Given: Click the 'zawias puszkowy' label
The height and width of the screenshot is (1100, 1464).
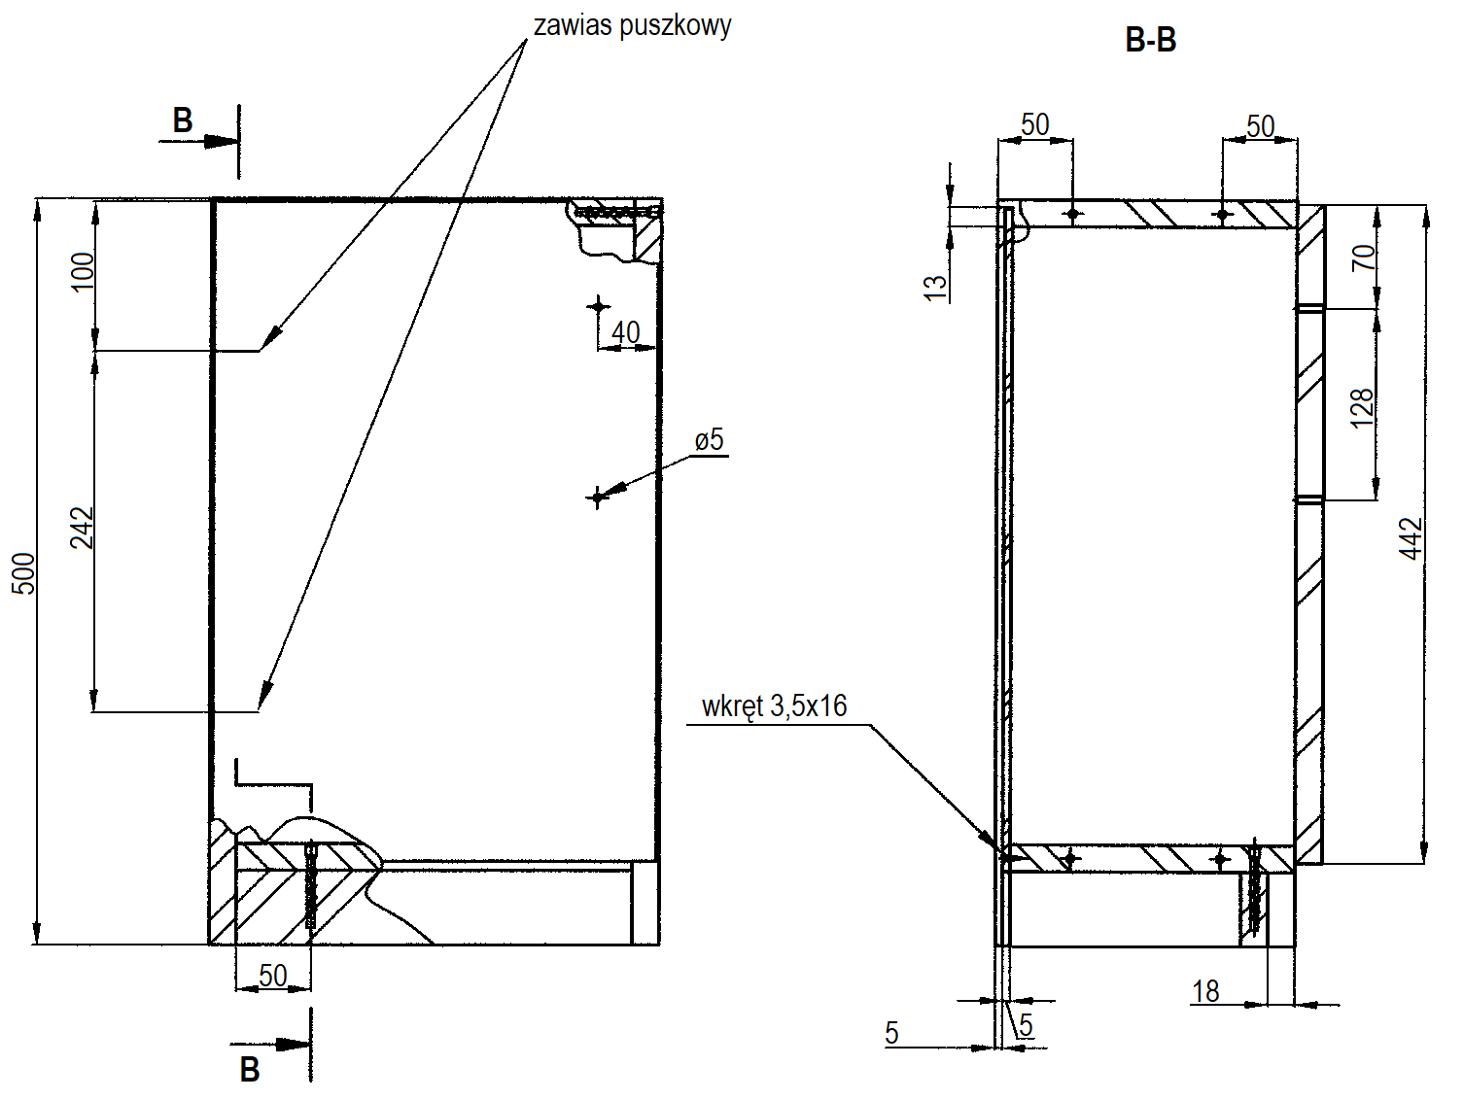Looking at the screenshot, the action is point(632,26).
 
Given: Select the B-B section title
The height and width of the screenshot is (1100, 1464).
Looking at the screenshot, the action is point(1151,40).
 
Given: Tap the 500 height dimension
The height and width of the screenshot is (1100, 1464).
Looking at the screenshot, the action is point(24,572).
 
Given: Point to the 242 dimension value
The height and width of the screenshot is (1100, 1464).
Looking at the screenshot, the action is point(83,528).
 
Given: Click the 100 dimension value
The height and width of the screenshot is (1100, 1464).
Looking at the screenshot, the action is point(83,271).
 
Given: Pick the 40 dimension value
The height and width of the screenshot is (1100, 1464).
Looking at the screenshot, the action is point(626,332).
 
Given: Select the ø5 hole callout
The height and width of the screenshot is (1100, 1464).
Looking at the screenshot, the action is point(709,440).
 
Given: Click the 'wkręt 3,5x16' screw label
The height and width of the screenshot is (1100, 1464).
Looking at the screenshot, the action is point(775,706).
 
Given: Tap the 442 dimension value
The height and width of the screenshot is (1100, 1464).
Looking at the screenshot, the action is point(1410,538).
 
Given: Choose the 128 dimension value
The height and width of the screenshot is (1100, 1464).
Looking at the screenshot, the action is point(1362,407).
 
